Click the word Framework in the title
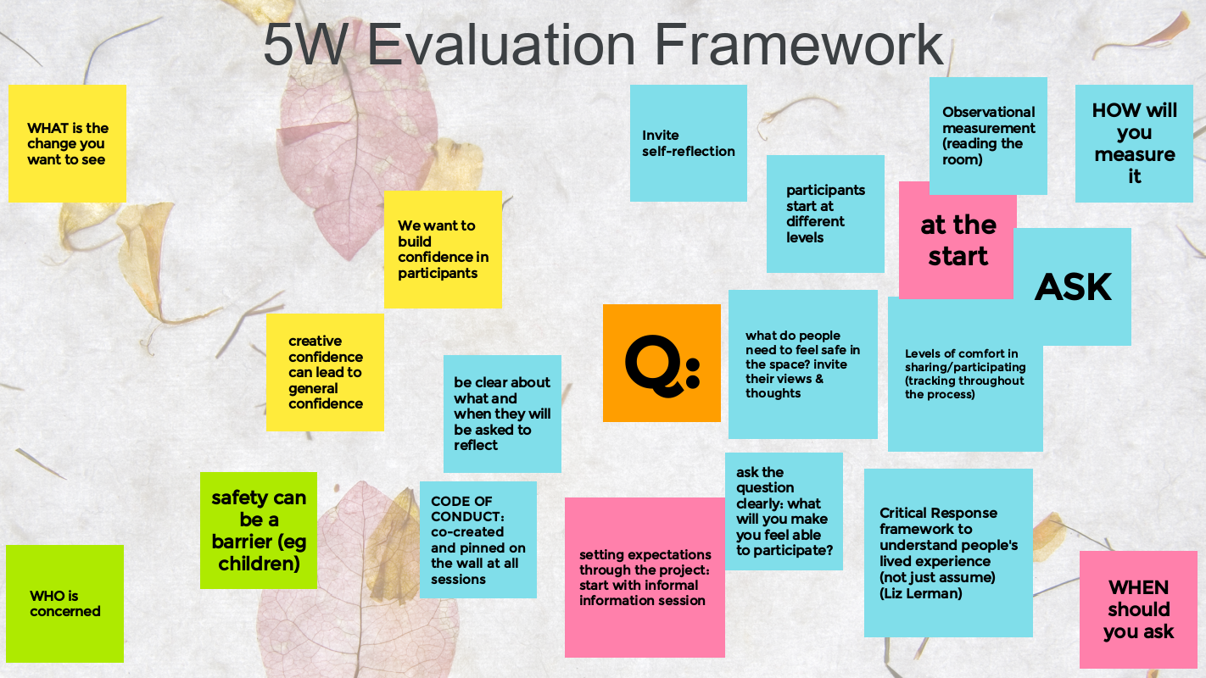[x=799, y=44]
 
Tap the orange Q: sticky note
[x=662, y=364]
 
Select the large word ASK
[x=1073, y=286]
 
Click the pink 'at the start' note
[x=958, y=241]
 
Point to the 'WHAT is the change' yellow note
[x=67, y=144]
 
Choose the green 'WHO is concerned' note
[x=64, y=603]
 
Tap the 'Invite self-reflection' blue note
[x=689, y=143]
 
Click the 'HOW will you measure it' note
[x=1135, y=144]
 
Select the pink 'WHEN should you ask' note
[x=1138, y=609]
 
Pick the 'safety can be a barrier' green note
[x=259, y=531]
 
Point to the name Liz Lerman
[x=921, y=593]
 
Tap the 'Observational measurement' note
[x=988, y=136]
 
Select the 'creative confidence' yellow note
[x=325, y=372]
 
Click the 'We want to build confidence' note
[x=443, y=250]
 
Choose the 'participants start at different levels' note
[x=825, y=214]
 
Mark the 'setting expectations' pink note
[x=645, y=577]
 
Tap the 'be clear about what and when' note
[x=502, y=414]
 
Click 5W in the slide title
[x=304, y=44]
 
